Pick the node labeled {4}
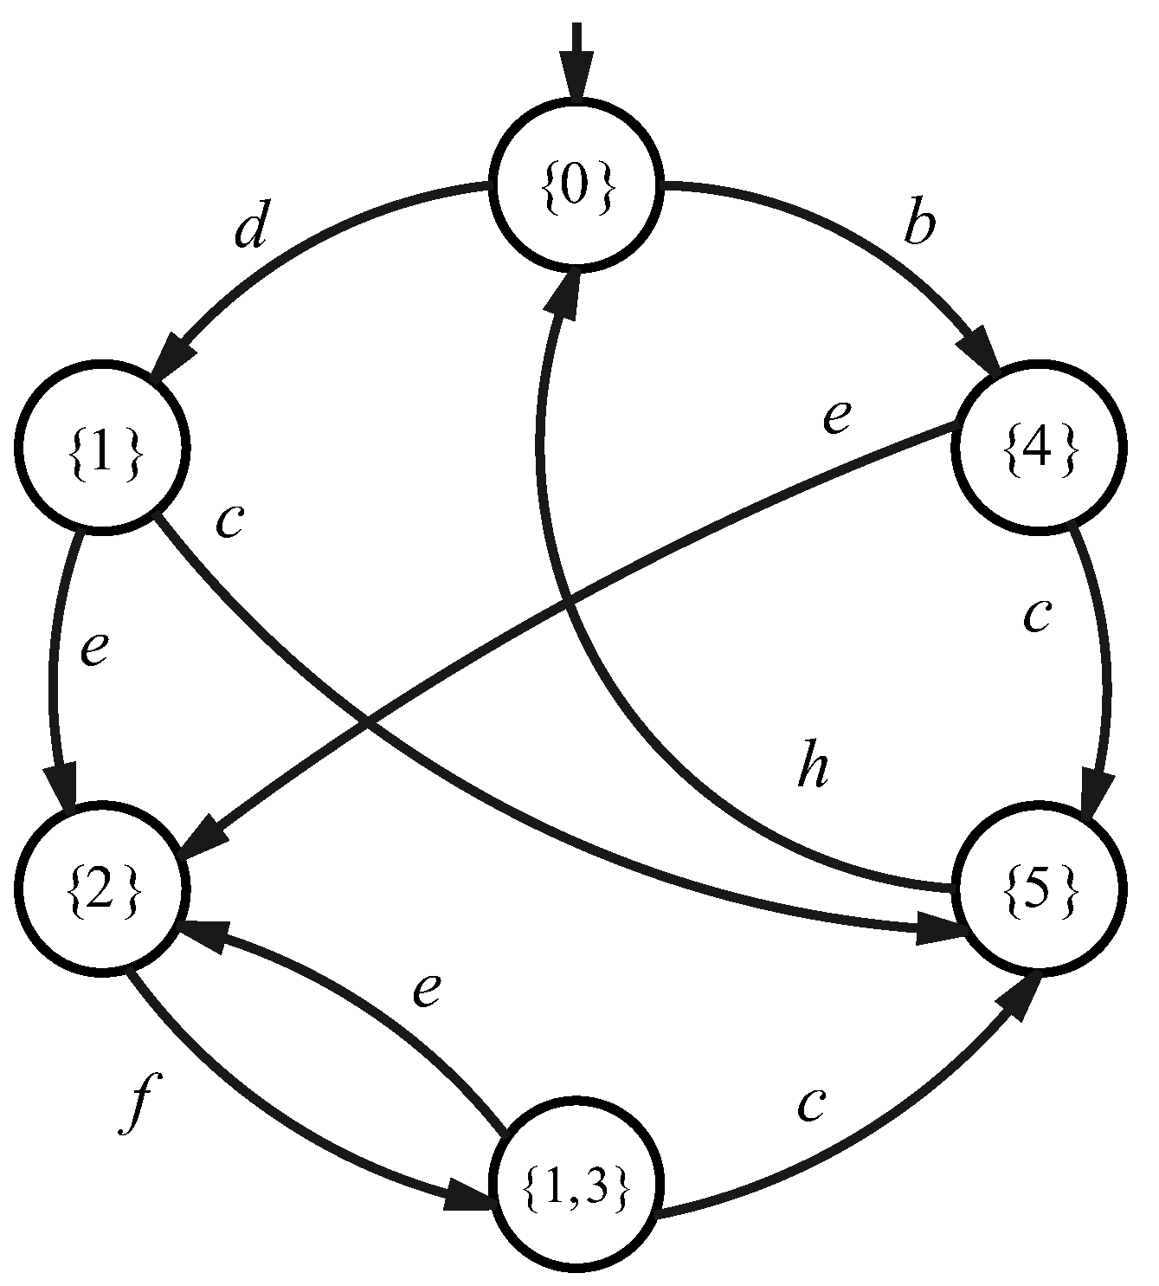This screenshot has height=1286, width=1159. tap(1039, 449)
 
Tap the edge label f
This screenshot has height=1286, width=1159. tap(137, 1105)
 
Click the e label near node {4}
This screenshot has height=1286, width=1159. tap(836, 418)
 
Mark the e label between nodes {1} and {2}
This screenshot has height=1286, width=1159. tap(93, 649)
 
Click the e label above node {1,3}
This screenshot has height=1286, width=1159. tap(427, 989)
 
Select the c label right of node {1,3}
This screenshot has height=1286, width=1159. tap(810, 1105)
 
